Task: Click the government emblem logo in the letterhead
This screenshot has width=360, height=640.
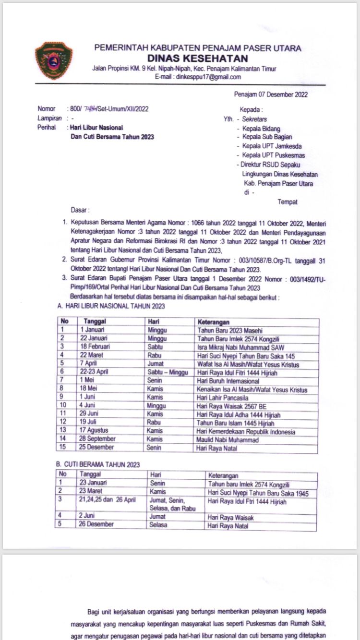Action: click(54, 60)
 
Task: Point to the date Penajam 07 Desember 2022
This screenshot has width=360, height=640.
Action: click(271, 95)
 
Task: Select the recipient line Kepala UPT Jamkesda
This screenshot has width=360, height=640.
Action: click(272, 146)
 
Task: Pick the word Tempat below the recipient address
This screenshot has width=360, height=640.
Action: click(287, 202)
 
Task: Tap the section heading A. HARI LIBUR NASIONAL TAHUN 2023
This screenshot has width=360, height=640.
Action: click(111, 306)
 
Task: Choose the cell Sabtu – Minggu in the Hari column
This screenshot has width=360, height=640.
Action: click(168, 372)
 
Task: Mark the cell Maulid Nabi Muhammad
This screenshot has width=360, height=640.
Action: click(228, 439)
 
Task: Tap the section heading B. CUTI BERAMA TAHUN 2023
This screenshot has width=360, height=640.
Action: click(98, 464)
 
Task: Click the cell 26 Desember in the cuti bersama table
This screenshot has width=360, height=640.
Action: click(97, 524)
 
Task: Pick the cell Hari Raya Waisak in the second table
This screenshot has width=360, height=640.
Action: click(230, 517)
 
